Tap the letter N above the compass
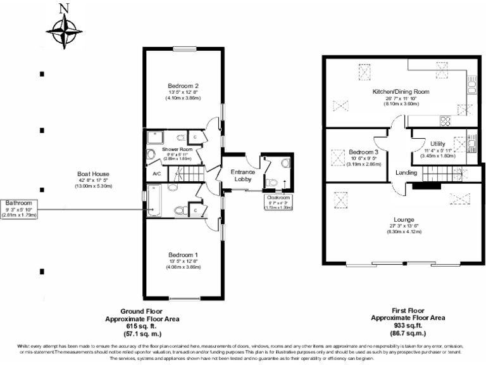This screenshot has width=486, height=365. point(63,8)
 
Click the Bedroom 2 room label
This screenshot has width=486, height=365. point(183,86)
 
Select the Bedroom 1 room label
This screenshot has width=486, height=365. point(183,255)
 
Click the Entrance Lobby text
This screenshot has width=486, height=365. point(242,174)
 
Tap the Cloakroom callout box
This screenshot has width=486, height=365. point(278,202)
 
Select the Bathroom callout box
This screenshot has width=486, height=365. point(19,204)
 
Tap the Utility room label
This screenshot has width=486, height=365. point(437,144)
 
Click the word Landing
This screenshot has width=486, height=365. point(406,172)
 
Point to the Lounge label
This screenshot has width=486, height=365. point(404,219)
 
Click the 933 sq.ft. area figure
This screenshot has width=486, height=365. point(408,325)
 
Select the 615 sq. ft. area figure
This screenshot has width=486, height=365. point(142,325)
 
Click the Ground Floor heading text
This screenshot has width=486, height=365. point(142,312)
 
